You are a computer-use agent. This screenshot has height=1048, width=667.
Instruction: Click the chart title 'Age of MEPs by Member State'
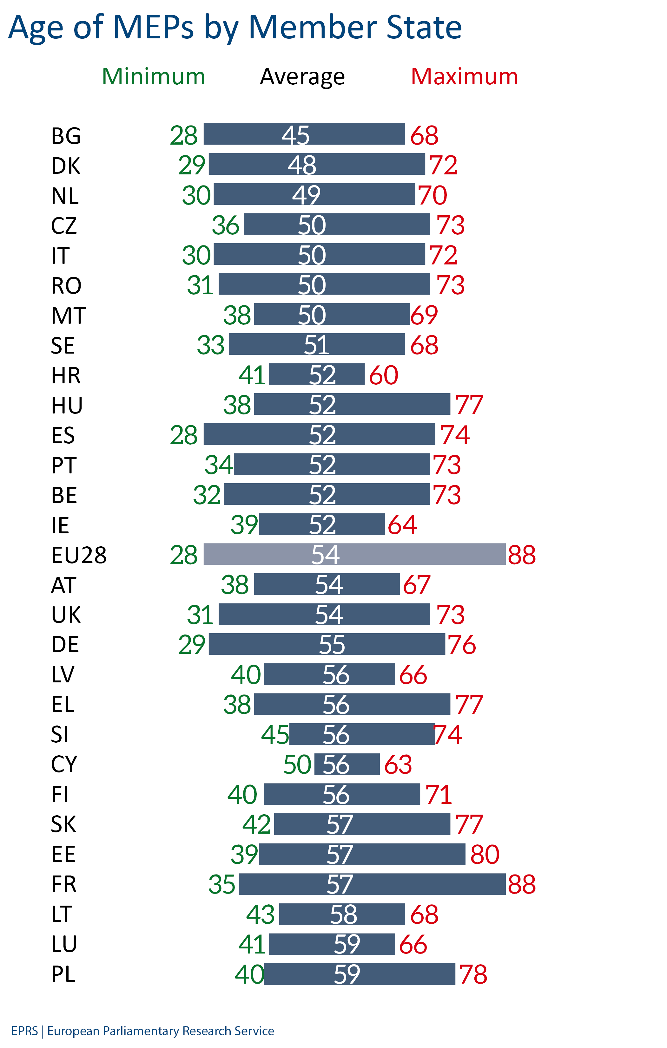[235, 27]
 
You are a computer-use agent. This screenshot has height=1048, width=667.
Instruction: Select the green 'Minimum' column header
[153, 77]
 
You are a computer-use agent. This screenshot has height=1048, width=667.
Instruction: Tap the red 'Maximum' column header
[464, 77]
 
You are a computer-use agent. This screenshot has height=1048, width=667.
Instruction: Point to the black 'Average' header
[302, 77]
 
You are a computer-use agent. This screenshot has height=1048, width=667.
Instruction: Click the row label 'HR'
[66, 375]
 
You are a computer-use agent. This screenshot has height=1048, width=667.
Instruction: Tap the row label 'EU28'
[78, 555]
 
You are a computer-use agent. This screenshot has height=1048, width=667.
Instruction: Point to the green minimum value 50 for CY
[297, 765]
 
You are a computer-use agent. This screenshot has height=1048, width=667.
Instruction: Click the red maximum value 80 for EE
[485, 854]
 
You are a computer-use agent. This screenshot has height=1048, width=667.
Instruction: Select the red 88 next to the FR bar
[522, 884]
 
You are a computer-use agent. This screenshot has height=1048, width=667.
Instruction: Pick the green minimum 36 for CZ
[226, 225]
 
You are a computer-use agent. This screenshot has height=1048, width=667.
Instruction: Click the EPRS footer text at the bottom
[142, 1031]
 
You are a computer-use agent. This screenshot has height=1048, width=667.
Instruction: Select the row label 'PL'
[63, 974]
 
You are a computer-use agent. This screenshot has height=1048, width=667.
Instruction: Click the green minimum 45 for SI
[275, 735]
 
